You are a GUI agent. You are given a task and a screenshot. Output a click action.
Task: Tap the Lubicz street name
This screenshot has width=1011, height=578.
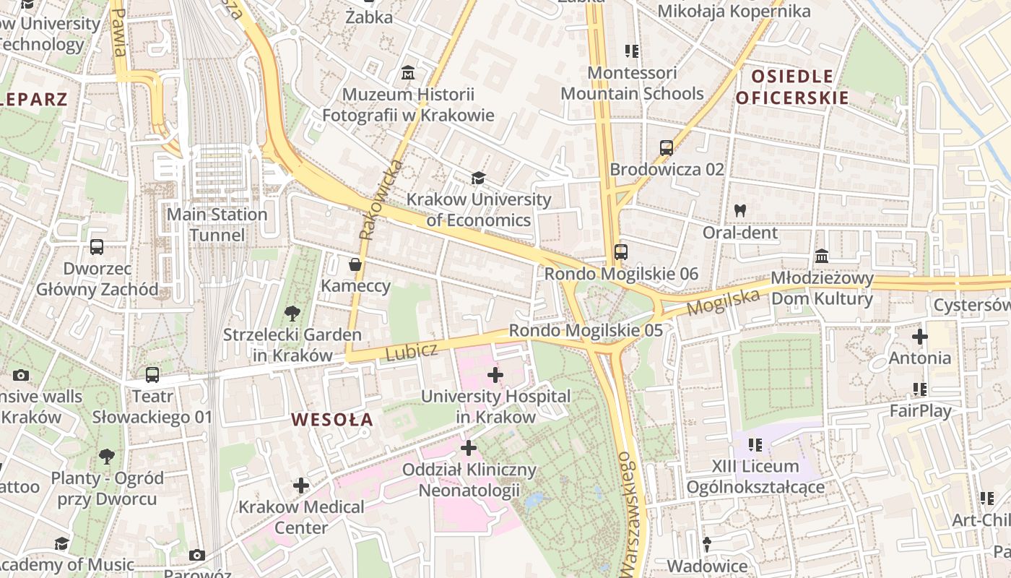pos(412,352)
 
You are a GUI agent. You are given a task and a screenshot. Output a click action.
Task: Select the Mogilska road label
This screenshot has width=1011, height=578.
pos(724,301)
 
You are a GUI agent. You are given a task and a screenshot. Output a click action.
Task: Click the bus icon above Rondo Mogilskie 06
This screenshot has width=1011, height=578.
pos(620,252)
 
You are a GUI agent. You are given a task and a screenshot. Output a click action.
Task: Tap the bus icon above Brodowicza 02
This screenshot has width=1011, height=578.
pos(667,148)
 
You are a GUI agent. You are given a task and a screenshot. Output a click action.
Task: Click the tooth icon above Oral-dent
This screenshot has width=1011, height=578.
pos(739,211)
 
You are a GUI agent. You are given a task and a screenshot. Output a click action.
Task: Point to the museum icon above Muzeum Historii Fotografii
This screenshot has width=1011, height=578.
pos(408,73)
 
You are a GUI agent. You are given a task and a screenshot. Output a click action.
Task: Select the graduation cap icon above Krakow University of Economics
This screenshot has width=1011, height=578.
pos(478,178)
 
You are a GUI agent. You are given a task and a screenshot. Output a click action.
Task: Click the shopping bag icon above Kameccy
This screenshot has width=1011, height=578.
pos(355,264)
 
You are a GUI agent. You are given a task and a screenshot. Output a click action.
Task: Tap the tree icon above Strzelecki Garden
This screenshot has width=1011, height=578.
pos(292,313)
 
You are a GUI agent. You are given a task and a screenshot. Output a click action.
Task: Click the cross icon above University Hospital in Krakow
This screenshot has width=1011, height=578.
pos(495,375)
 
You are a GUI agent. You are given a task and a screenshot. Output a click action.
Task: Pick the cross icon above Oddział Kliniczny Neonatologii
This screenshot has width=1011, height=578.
pos(469,448)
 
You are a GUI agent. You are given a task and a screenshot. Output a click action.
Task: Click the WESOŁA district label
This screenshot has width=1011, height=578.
pos(332,419)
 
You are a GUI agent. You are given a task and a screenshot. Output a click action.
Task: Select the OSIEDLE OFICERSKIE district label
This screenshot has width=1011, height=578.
pos(792,87)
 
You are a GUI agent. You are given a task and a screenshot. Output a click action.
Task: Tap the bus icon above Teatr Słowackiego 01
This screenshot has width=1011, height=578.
pos(152,375)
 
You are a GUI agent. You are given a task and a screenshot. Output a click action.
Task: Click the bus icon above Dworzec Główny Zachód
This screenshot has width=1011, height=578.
pos(97,247)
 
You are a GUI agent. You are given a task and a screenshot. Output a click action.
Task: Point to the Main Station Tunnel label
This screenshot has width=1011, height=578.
pos(217,225)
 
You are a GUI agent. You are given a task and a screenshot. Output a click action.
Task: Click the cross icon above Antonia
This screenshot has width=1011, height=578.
pos(919,337)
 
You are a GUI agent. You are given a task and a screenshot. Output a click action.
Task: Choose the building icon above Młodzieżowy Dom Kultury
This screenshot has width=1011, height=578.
pos(822,256)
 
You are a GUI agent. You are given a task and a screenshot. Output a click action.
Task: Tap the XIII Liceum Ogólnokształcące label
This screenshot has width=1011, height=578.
pos(755,477)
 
